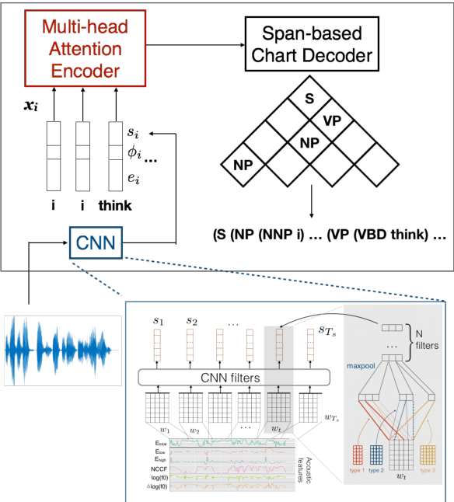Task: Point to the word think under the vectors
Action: tap(117, 207)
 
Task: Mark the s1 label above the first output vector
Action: tap(159, 321)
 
